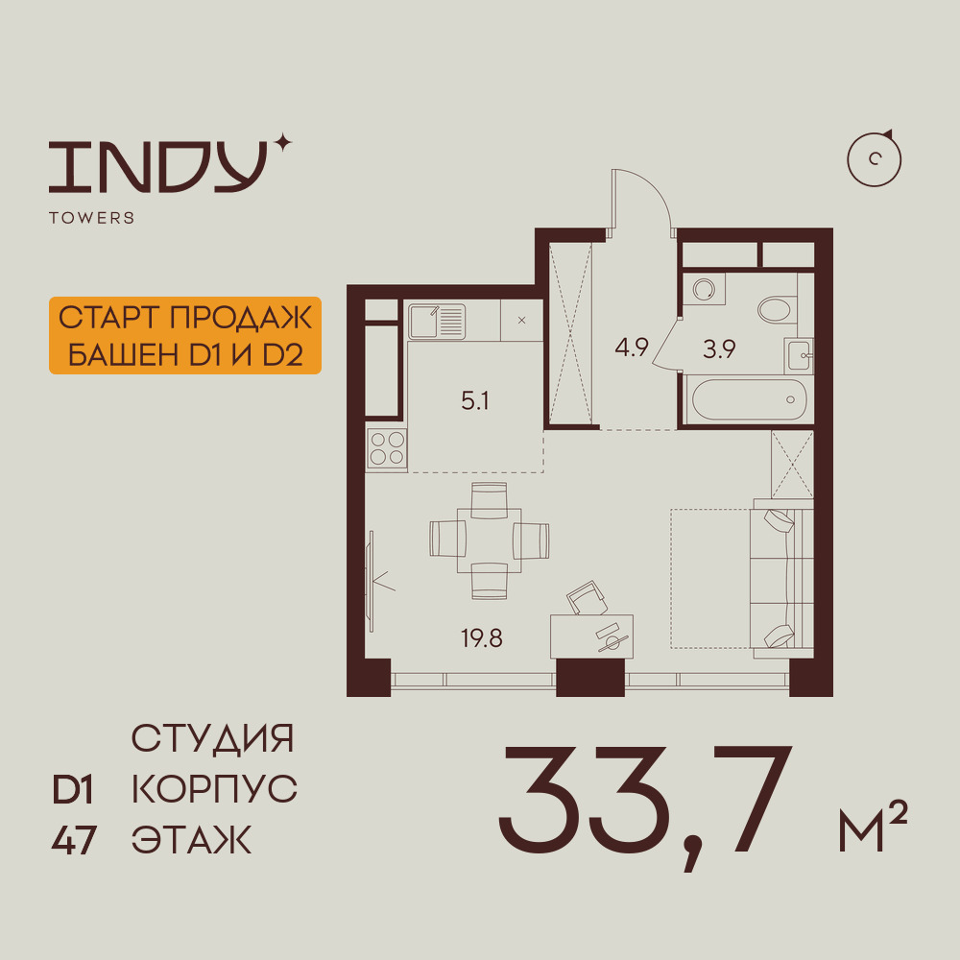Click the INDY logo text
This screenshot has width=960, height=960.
(x=157, y=166)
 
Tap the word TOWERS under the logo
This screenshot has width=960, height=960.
(x=92, y=218)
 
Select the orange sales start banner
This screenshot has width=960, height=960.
(x=185, y=335)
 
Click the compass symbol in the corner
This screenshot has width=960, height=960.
(x=875, y=159)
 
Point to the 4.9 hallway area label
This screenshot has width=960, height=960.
(x=632, y=348)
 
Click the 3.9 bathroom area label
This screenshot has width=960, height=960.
(x=719, y=349)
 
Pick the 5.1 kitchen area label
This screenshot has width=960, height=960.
(x=475, y=401)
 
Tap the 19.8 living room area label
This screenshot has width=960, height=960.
(x=482, y=638)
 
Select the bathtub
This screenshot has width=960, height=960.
(x=749, y=399)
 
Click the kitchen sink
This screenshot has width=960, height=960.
(x=437, y=321)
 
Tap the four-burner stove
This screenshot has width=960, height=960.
(x=387, y=448)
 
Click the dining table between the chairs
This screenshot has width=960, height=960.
(x=490, y=540)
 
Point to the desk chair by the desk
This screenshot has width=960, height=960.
(x=587, y=597)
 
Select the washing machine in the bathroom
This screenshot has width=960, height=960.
(x=704, y=288)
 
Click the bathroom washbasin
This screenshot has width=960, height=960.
(x=800, y=355)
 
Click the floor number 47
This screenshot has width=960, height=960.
(x=74, y=840)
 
